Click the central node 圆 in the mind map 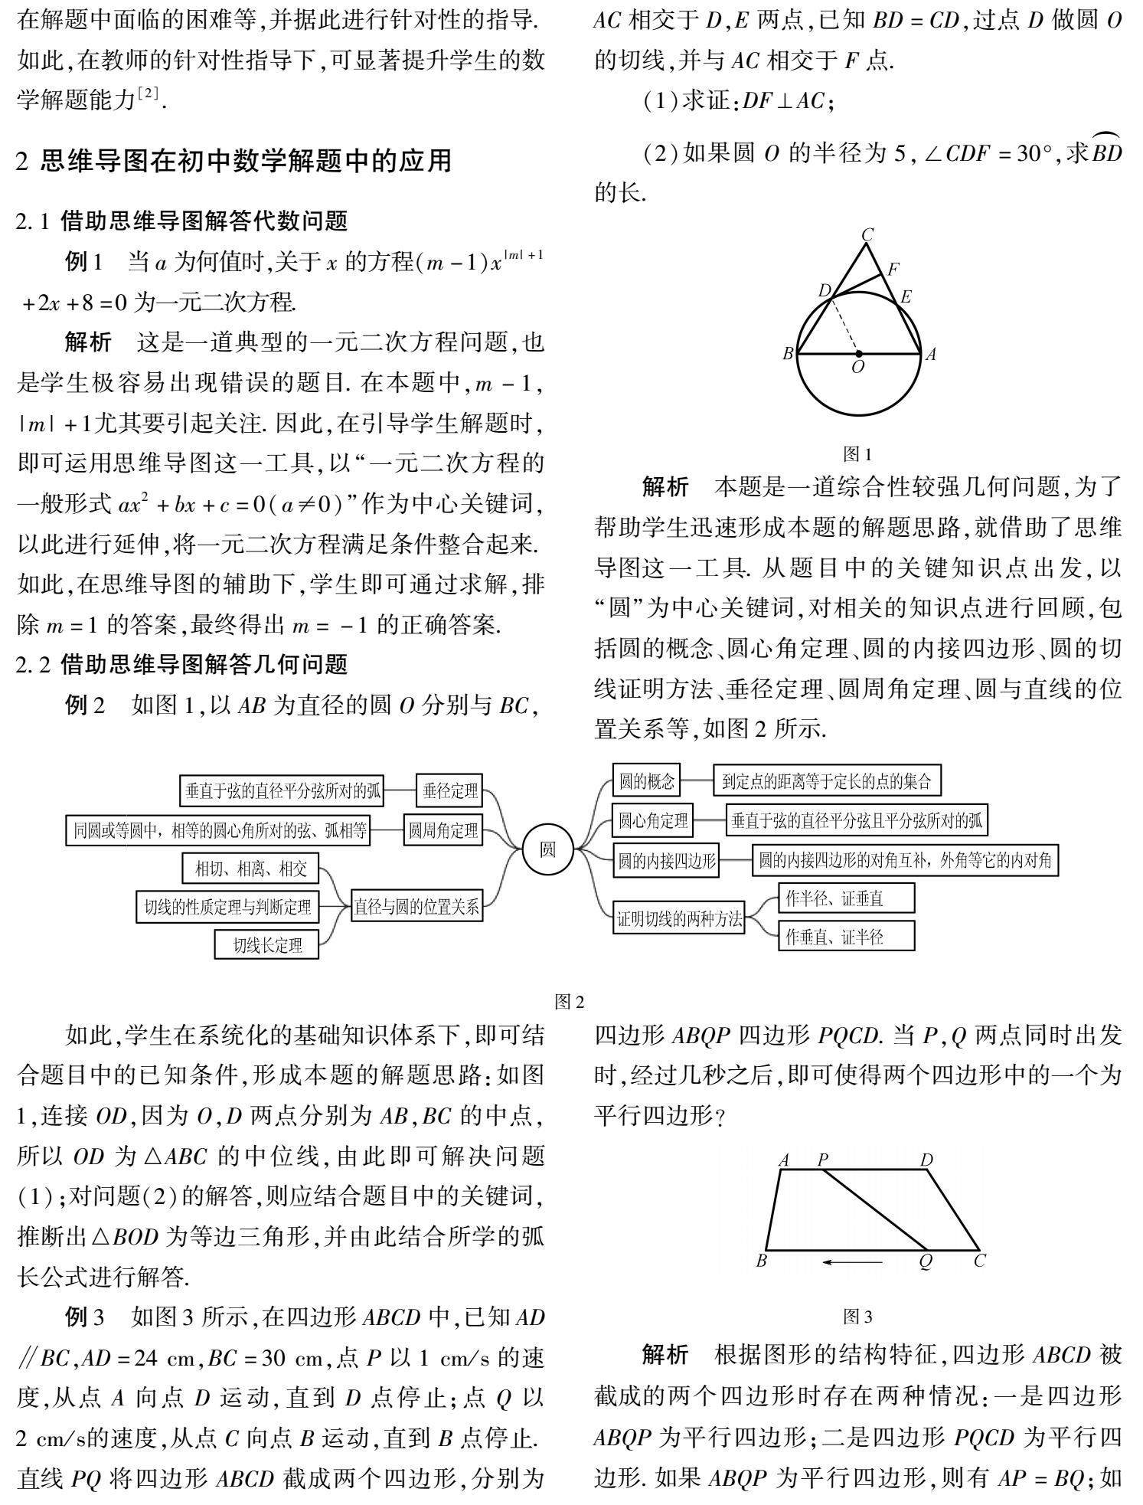[x=548, y=849]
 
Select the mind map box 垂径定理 [x=450, y=791]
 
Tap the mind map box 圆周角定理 [x=443, y=830]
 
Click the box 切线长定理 [x=267, y=945]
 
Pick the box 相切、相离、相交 [x=251, y=869]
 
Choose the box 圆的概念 [x=647, y=781]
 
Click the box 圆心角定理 [x=653, y=822]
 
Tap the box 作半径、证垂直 [x=845, y=898]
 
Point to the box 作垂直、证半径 [x=845, y=937]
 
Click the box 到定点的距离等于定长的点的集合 [x=827, y=781]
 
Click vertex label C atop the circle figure [x=867, y=235]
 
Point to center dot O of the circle [x=859, y=355]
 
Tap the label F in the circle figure [x=893, y=270]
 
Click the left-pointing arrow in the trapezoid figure [x=852, y=1261]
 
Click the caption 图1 [x=857, y=455]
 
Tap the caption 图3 [x=857, y=1317]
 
